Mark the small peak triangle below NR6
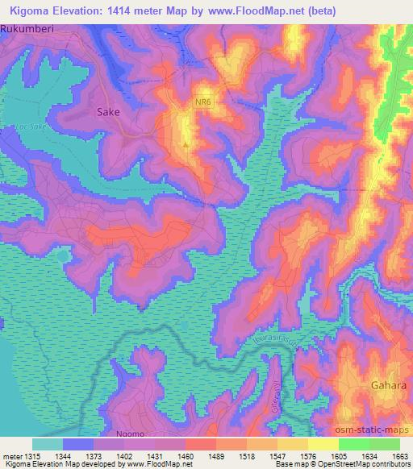[x=187, y=145]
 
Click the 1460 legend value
[x=185, y=456]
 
